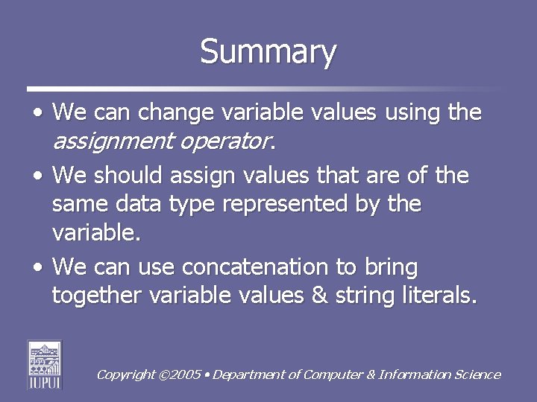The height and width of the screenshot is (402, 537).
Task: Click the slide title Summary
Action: [x=268, y=52]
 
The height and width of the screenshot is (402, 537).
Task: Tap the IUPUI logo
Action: [x=45, y=364]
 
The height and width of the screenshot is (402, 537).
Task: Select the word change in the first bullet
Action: [x=175, y=113]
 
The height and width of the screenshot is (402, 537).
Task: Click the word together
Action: [x=98, y=296]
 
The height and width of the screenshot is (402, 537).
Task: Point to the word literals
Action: [x=434, y=296]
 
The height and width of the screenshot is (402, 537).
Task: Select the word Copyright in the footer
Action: [x=126, y=375]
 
